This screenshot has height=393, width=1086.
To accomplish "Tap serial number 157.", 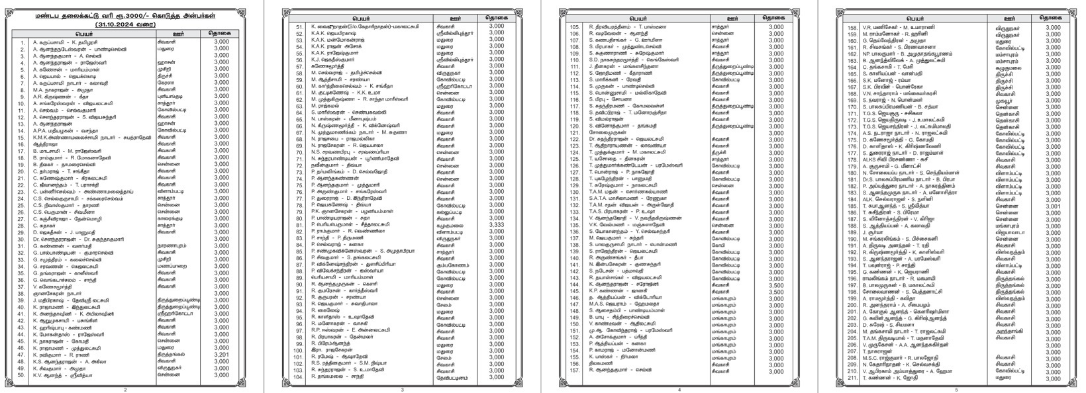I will tap(575, 371).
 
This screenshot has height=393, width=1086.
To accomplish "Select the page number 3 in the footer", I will tap(401, 389).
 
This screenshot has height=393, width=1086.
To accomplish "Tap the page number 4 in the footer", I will tap(679, 389).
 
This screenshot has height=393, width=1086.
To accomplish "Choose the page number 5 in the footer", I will tap(957, 389).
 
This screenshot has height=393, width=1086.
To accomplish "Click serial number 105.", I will tap(575, 27).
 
